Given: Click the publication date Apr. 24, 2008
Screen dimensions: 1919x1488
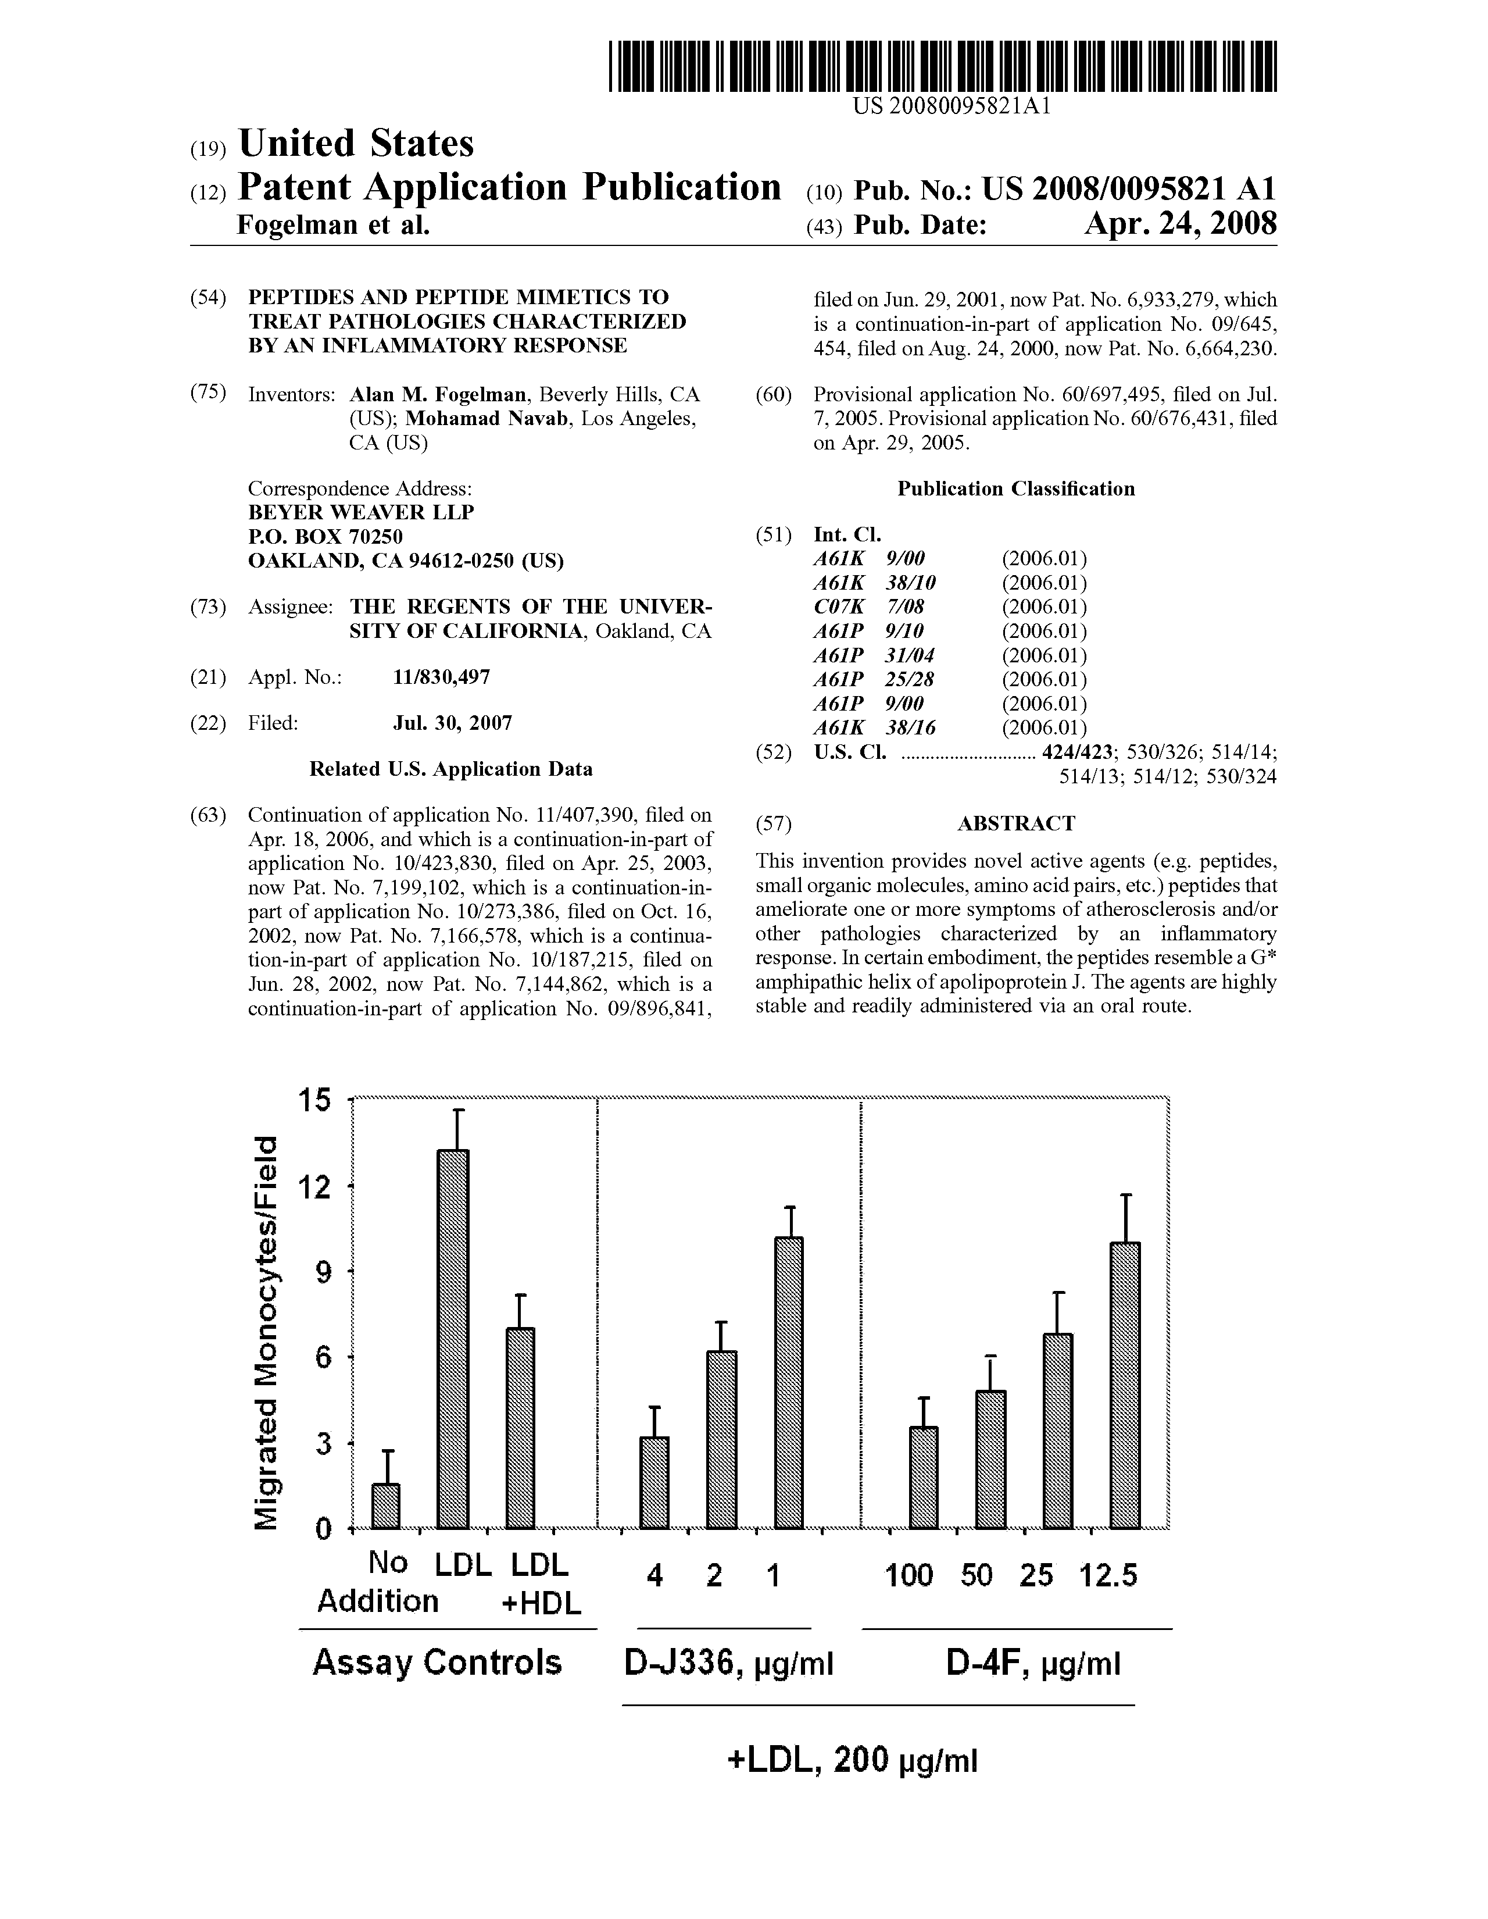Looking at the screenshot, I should (x=1180, y=225).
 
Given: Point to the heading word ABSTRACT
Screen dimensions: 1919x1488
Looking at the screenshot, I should (x=1015, y=823).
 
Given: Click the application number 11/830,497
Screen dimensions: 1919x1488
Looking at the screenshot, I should (x=441, y=676).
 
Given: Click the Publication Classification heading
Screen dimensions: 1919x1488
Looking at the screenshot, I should (x=1015, y=490).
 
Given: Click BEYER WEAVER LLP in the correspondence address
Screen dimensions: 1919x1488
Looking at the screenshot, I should (x=361, y=512).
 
